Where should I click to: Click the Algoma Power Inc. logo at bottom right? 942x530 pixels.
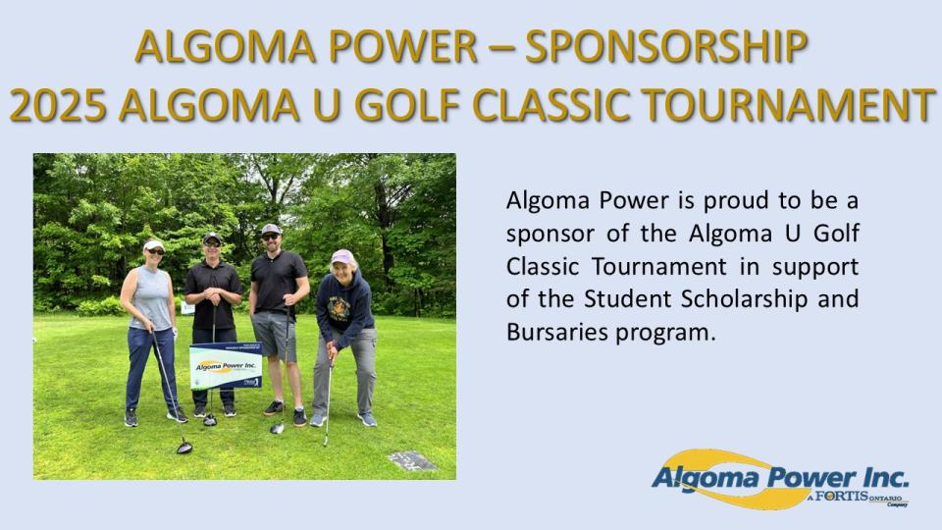click(780, 479)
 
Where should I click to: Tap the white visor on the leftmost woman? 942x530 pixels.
click(154, 245)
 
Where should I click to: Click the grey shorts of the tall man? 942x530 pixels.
click(274, 335)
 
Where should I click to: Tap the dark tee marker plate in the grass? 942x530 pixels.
click(411, 460)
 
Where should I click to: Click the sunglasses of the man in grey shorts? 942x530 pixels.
click(272, 237)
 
